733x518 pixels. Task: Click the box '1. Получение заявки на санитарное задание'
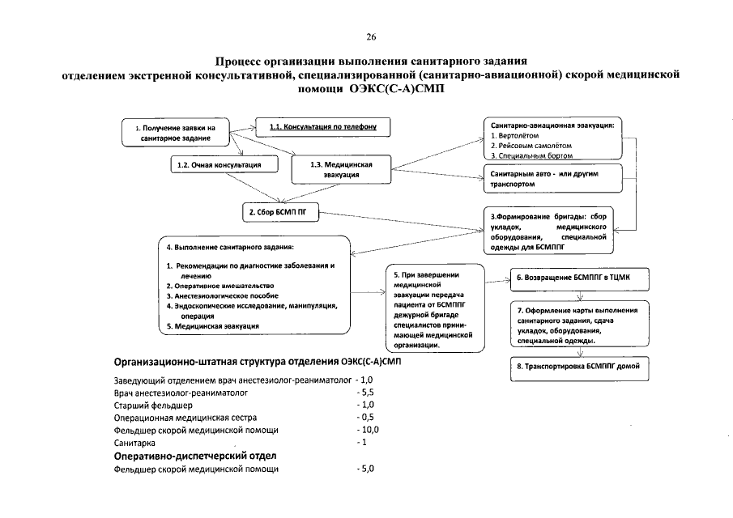click(x=176, y=133)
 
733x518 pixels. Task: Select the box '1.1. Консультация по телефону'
click(x=322, y=127)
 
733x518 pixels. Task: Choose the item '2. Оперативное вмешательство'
click(x=220, y=286)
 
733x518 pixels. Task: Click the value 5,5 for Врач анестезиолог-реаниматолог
click(x=366, y=391)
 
